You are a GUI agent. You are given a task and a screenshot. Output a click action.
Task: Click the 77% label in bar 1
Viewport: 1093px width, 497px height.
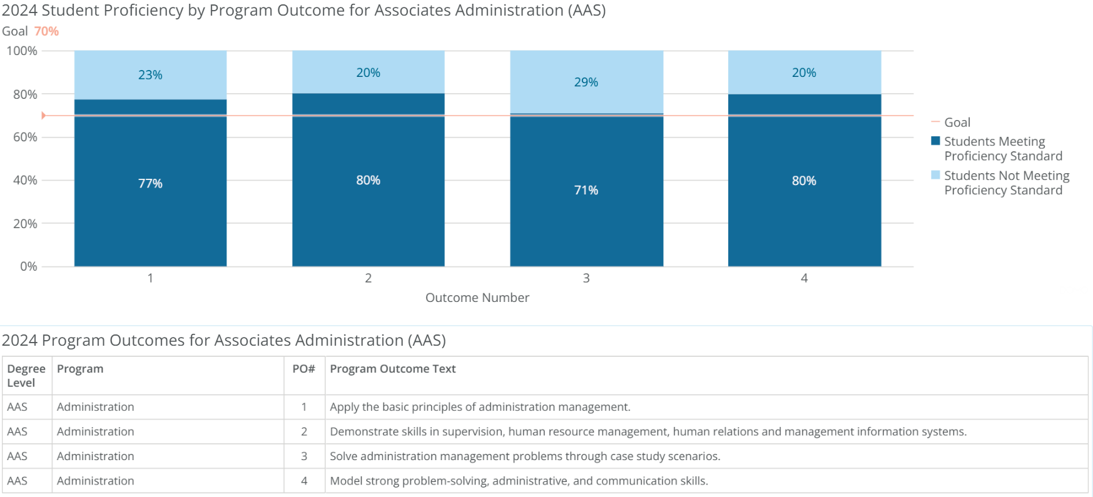click(x=150, y=183)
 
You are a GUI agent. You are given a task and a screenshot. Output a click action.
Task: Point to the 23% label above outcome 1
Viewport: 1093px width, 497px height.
click(x=150, y=75)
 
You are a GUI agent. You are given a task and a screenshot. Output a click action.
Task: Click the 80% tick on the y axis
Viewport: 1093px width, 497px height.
click(x=25, y=94)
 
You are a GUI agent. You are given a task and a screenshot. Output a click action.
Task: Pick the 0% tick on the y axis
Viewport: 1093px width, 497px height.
click(x=29, y=266)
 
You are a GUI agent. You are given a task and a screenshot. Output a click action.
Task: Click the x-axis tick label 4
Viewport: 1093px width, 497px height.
click(x=804, y=278)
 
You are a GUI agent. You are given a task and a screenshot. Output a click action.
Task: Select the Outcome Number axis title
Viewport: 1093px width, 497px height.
click(x=477, y=298)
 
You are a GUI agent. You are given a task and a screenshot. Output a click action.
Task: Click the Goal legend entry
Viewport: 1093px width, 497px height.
click(x=957, y=123)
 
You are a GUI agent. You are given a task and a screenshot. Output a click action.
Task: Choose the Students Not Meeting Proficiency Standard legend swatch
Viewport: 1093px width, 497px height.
click(x=935, y=175)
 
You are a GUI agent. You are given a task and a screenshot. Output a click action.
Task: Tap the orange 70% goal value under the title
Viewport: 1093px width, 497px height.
click(x=46, y=31)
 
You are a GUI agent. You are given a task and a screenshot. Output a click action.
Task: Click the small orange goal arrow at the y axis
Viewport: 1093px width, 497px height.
click(x=44, y=116)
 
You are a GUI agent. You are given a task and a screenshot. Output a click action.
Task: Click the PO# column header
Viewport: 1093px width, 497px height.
click(x=303, y=369)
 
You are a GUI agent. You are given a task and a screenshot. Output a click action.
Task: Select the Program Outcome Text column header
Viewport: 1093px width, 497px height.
click(x=392, y=369)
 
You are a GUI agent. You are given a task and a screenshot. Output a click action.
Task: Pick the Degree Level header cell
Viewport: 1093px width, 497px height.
click(x=26, y=376)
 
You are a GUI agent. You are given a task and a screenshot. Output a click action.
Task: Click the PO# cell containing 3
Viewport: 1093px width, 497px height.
click(x=304, y=456)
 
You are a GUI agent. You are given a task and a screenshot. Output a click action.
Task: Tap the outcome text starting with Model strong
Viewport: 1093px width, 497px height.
click(x=519, y=481)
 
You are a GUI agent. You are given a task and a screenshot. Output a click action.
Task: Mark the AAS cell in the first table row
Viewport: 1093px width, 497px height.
click(x=18, y=407)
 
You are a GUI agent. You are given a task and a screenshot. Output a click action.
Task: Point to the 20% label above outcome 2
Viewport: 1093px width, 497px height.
click(x=368, y=73)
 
